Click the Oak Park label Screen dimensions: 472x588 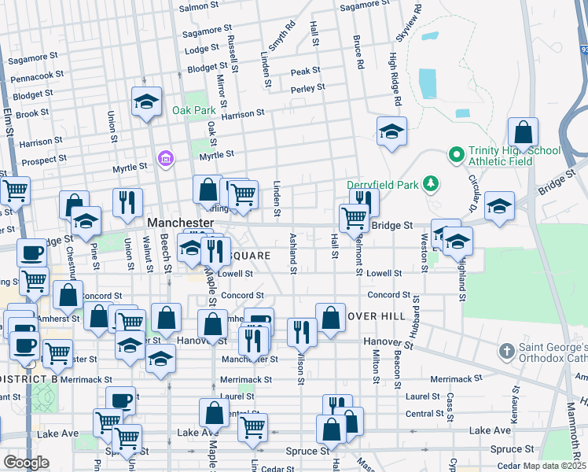[193, 110]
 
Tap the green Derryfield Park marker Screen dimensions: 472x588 [430, 184]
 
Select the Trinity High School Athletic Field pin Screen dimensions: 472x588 [454, 153]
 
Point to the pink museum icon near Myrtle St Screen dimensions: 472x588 [165, 160]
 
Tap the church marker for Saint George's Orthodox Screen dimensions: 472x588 [507, 349]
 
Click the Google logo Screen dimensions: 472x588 [26, 463]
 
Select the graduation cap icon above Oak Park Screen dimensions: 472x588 [145, 101]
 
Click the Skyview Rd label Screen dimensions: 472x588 [410, 24]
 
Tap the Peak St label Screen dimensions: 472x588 [305, 72]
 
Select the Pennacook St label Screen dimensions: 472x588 [38, 76]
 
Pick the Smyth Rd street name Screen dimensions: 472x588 [281, 35]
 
